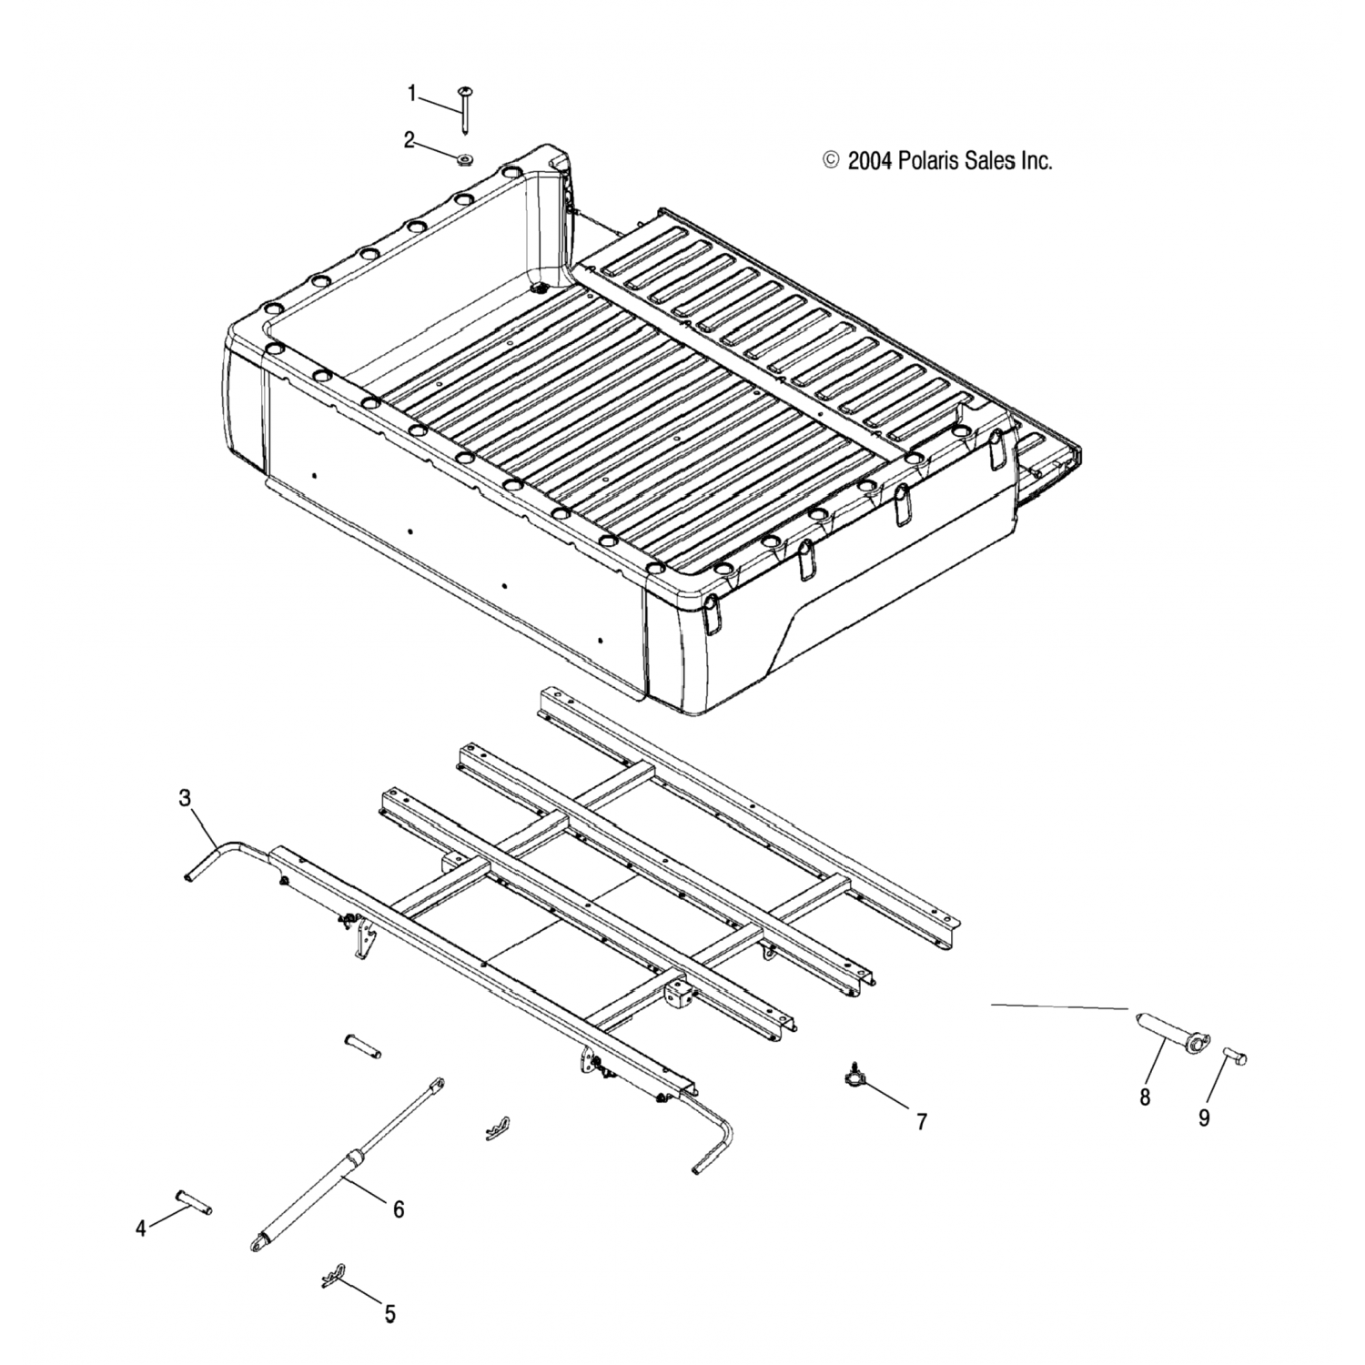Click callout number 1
point(411,93)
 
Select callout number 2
point(409,139)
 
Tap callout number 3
point(185,798)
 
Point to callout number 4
point(140,1228)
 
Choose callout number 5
point(389,1313)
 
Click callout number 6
point(398,1209)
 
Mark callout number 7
point(921,1122)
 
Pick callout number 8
point(1144,1097)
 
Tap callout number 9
point(1203,1117)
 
